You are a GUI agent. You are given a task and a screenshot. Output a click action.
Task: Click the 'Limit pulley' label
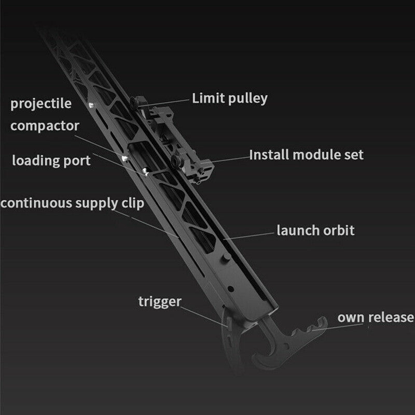click(230, 99)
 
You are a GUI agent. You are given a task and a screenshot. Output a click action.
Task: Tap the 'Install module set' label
click(306, 155)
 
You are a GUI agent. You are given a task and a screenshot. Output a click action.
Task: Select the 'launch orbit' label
click(315, 230)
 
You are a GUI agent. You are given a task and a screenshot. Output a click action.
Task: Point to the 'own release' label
click(376, 317)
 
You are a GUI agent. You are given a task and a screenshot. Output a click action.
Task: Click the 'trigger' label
click(160, 302)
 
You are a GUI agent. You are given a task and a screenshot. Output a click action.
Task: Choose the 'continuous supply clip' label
click(72, 203)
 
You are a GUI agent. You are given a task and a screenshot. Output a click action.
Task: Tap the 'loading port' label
click(51, 161)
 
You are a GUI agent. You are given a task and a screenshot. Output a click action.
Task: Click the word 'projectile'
click(41, 103)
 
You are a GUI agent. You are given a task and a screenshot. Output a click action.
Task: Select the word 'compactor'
click(45, 126)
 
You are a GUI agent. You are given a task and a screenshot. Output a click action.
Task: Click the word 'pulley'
click(248, 99)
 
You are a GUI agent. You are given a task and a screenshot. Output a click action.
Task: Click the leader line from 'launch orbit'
click(249, 236)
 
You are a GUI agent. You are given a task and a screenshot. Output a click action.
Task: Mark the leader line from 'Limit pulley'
click(164, 103)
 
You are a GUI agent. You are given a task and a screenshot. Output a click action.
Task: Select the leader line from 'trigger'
click(203, 316)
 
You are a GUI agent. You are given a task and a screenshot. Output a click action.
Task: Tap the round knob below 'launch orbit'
click(226, 257)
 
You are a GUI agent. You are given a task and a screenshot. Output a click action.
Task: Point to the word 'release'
click(391, 317)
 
